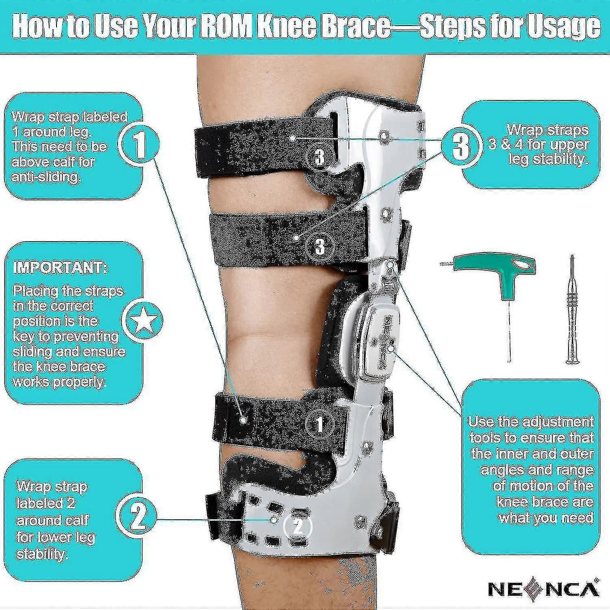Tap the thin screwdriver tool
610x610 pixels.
click(x=573, y=309)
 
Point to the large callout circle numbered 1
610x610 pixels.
click(x=139, y=146)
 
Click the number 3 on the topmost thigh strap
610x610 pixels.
click(x=320, y=157)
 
